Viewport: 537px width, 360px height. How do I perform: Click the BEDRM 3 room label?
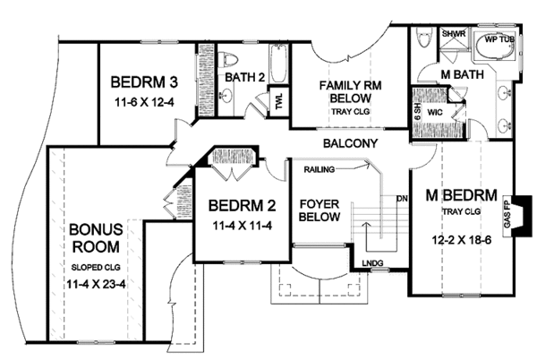pyautogui.click(x=144, y=82)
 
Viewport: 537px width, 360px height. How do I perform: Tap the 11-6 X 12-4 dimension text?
pyautogui.click(x=144, y=102)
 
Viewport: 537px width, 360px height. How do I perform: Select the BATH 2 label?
pyautogui.click(x=245, y=77)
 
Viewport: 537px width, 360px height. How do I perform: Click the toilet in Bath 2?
pyautogui.click(x=227, y=60)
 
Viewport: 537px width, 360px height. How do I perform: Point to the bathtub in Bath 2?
pyautogui.click(x=278, y=64)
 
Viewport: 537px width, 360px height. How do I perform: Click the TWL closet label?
pyautogui.click(x=279, y=102)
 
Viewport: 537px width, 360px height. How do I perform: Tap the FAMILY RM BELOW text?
pyautogui.click(x=350, y=91)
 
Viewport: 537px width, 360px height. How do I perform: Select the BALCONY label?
pyautogui.click(x=350, y=143)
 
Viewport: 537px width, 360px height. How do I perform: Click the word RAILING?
pyautogui.click(x=319, y=169)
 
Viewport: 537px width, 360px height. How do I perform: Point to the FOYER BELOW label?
pyautogui.click(x=320, y=210)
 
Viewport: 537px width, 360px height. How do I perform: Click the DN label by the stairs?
pyautogui.click(x=402, y=198)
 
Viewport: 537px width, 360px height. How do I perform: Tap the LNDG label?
pyautogui.click(x=372, y=262)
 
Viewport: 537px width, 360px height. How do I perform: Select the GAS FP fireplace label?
pyautogui.click(x=507, y=216)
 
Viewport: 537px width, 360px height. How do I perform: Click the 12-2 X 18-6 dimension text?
pyautogui.click(x=461, y=240)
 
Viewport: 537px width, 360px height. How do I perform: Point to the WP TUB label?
pyautogui.click(x=499, y=39)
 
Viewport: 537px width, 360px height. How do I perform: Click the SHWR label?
pyautogui.click(x=454, y=34)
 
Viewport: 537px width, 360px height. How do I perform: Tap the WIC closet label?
pyautogui.click(x=435, y=112)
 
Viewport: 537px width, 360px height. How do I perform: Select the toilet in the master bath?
pyautogui.click(x=423, y=38)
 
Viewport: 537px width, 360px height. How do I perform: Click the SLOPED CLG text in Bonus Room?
pyautogui.click(x=96, y=267)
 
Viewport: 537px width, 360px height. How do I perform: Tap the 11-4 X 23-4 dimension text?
pyautogui.click(x=96, y=284)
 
